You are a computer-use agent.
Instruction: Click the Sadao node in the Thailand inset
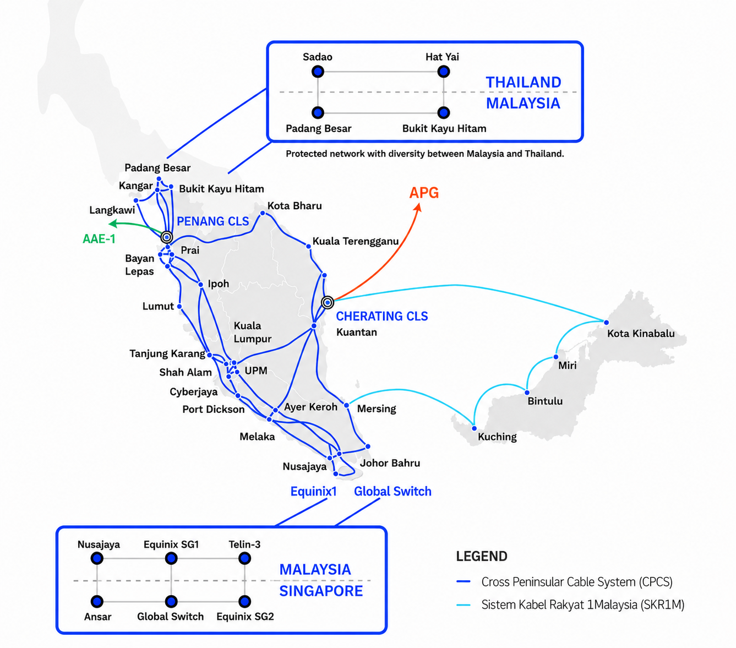tap(318, 72)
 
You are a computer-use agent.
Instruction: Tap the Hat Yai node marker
tap(443, 72)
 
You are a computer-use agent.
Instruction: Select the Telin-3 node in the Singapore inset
tap(244, 558)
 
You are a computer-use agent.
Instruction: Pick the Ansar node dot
tap(97, 602)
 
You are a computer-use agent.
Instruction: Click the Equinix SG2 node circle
tap(244, 602)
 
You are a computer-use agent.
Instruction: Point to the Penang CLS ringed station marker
tap(167, 237)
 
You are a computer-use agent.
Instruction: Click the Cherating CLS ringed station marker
tap(328, 302)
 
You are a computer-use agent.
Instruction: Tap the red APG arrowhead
tap(418, 207)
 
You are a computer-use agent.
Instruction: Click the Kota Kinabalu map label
tap(641, 333)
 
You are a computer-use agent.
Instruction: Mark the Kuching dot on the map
tap(474, 428)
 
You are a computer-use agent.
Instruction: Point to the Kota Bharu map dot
tap(263, 213)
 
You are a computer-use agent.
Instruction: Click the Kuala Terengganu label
tap(356, 241)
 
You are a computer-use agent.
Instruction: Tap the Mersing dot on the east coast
tap(347, 405)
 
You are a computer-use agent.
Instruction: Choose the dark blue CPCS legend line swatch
tap(464, 581)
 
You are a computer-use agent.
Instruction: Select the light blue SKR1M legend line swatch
tap(464, 605)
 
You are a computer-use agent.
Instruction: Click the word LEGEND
tap(482, 556)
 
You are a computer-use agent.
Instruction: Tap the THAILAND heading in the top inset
tap(524, 82)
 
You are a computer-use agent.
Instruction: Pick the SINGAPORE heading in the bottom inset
tap(321, 591)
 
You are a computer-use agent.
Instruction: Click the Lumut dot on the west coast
tap(179, 306)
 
